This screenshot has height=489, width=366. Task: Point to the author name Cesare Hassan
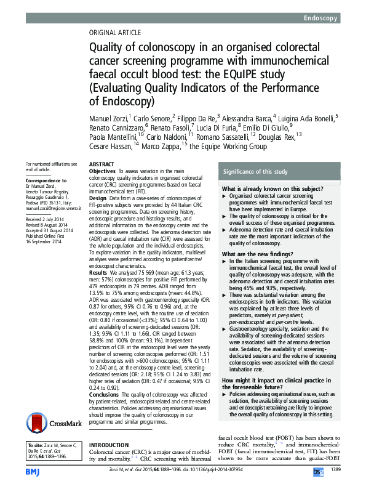(111, 147)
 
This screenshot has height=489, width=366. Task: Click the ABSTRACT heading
(103, 164)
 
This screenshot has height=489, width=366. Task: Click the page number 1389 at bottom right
(335, 471)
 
